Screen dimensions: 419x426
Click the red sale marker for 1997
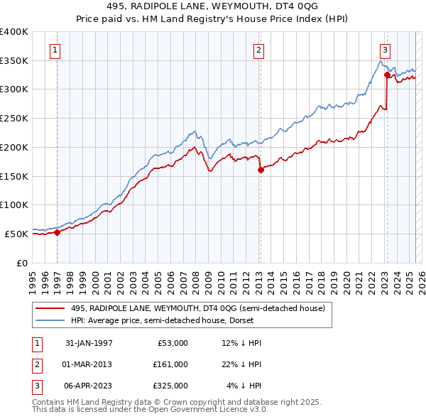57,232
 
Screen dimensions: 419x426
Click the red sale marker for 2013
261,170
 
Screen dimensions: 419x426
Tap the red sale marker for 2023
387,75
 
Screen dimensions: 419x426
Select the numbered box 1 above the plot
55,50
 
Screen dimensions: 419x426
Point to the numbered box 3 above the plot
384,50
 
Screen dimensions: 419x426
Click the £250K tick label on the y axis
13,118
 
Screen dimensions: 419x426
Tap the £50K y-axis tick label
16,234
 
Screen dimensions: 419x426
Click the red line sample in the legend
50,308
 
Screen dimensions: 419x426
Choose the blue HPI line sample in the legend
50,320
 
